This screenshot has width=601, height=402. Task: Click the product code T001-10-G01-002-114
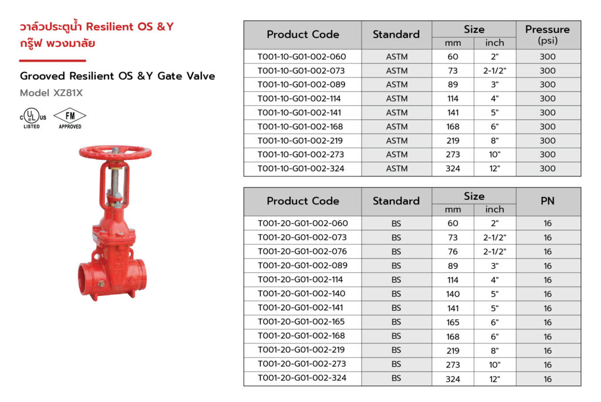[299, 99]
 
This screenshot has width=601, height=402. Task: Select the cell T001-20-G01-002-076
[302, 251]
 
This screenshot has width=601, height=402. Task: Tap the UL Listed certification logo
[33, 118]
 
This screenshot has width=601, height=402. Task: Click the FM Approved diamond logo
[70, 118]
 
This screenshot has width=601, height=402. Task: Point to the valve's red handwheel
[115, 152]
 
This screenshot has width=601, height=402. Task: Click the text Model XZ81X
[52, 93]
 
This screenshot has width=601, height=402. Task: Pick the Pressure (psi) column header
[548, 35]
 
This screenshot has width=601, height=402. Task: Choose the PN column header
[548, 201]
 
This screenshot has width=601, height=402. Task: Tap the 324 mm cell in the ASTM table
[453, 169]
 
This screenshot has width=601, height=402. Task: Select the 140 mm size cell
[453, 294]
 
